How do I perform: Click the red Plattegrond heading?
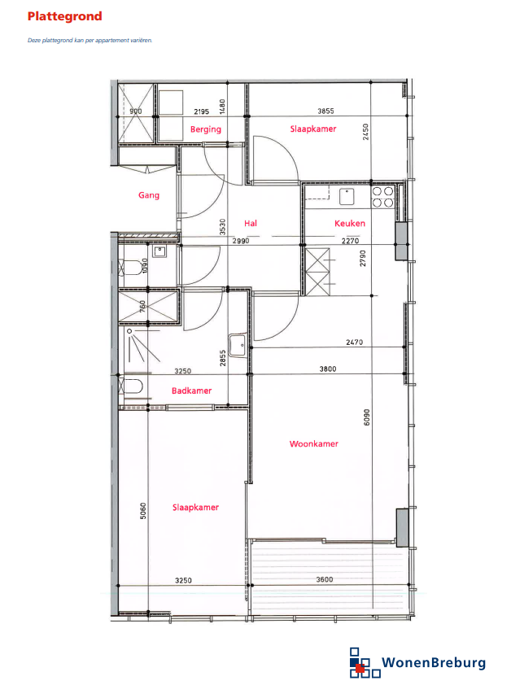pyautogui.click(x=64, y=16)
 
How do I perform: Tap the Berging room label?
pyautogui.click(x=206, y=129)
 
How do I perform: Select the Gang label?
pyautogui.click(x=149, y=195)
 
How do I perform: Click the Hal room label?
pyautogui.click(x=251, y=223)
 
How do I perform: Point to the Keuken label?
pyautogui.click(x=350, y=223)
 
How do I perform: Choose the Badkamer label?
pyautogui.click(x=192, y=390)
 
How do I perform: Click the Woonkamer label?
pyautogui.click(x=314, y=443)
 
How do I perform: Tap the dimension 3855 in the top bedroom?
pyautogui.click(x=325, y=111)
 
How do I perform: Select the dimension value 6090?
pyautogui.click(x=367, y=417)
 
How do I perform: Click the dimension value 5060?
pyautogui.click(x=143, y=511)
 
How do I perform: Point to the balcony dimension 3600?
pyautogui.click(x=325, y=579)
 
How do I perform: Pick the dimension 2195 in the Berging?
pyautogui.click(x=201, y=111)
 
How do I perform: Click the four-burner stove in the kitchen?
pyautogui.click(x=382, y=197)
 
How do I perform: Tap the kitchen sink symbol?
pyautogui.click(x=347, y=196)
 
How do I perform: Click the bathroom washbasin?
pyautogui.click(x=238, y=345)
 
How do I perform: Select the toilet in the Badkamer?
pyautogui.click(x=131, y=386)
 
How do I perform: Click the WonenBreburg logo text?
pyautogui.click(x=434, y=663)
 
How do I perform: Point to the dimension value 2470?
pyautogui.click(x=354, y=342)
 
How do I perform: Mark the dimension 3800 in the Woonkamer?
pyautogui.click(x=328, y=369)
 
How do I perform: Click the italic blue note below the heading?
pyautogui.click(x=90, y=40)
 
